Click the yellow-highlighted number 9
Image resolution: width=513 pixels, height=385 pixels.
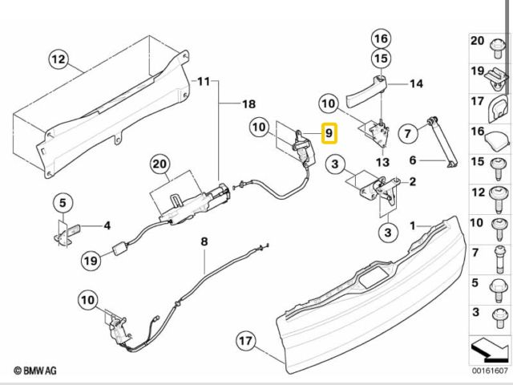[x=328, y=132]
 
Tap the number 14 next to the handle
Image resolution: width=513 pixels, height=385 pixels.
[x=417, y=83]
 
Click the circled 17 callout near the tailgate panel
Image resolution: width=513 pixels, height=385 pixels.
[x=244, y=341]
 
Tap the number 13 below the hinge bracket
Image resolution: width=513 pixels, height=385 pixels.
[x=382, y=163]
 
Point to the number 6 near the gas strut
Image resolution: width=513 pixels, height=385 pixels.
[x=414, y=160]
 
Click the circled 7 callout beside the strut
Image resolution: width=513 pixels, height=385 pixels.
[x=408, y=131]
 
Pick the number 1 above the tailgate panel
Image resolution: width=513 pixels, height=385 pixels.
[x=414, y=226]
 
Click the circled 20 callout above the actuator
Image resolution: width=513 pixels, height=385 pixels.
[x=161, y=165]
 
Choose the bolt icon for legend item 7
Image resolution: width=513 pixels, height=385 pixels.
[x=499, y=257]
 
